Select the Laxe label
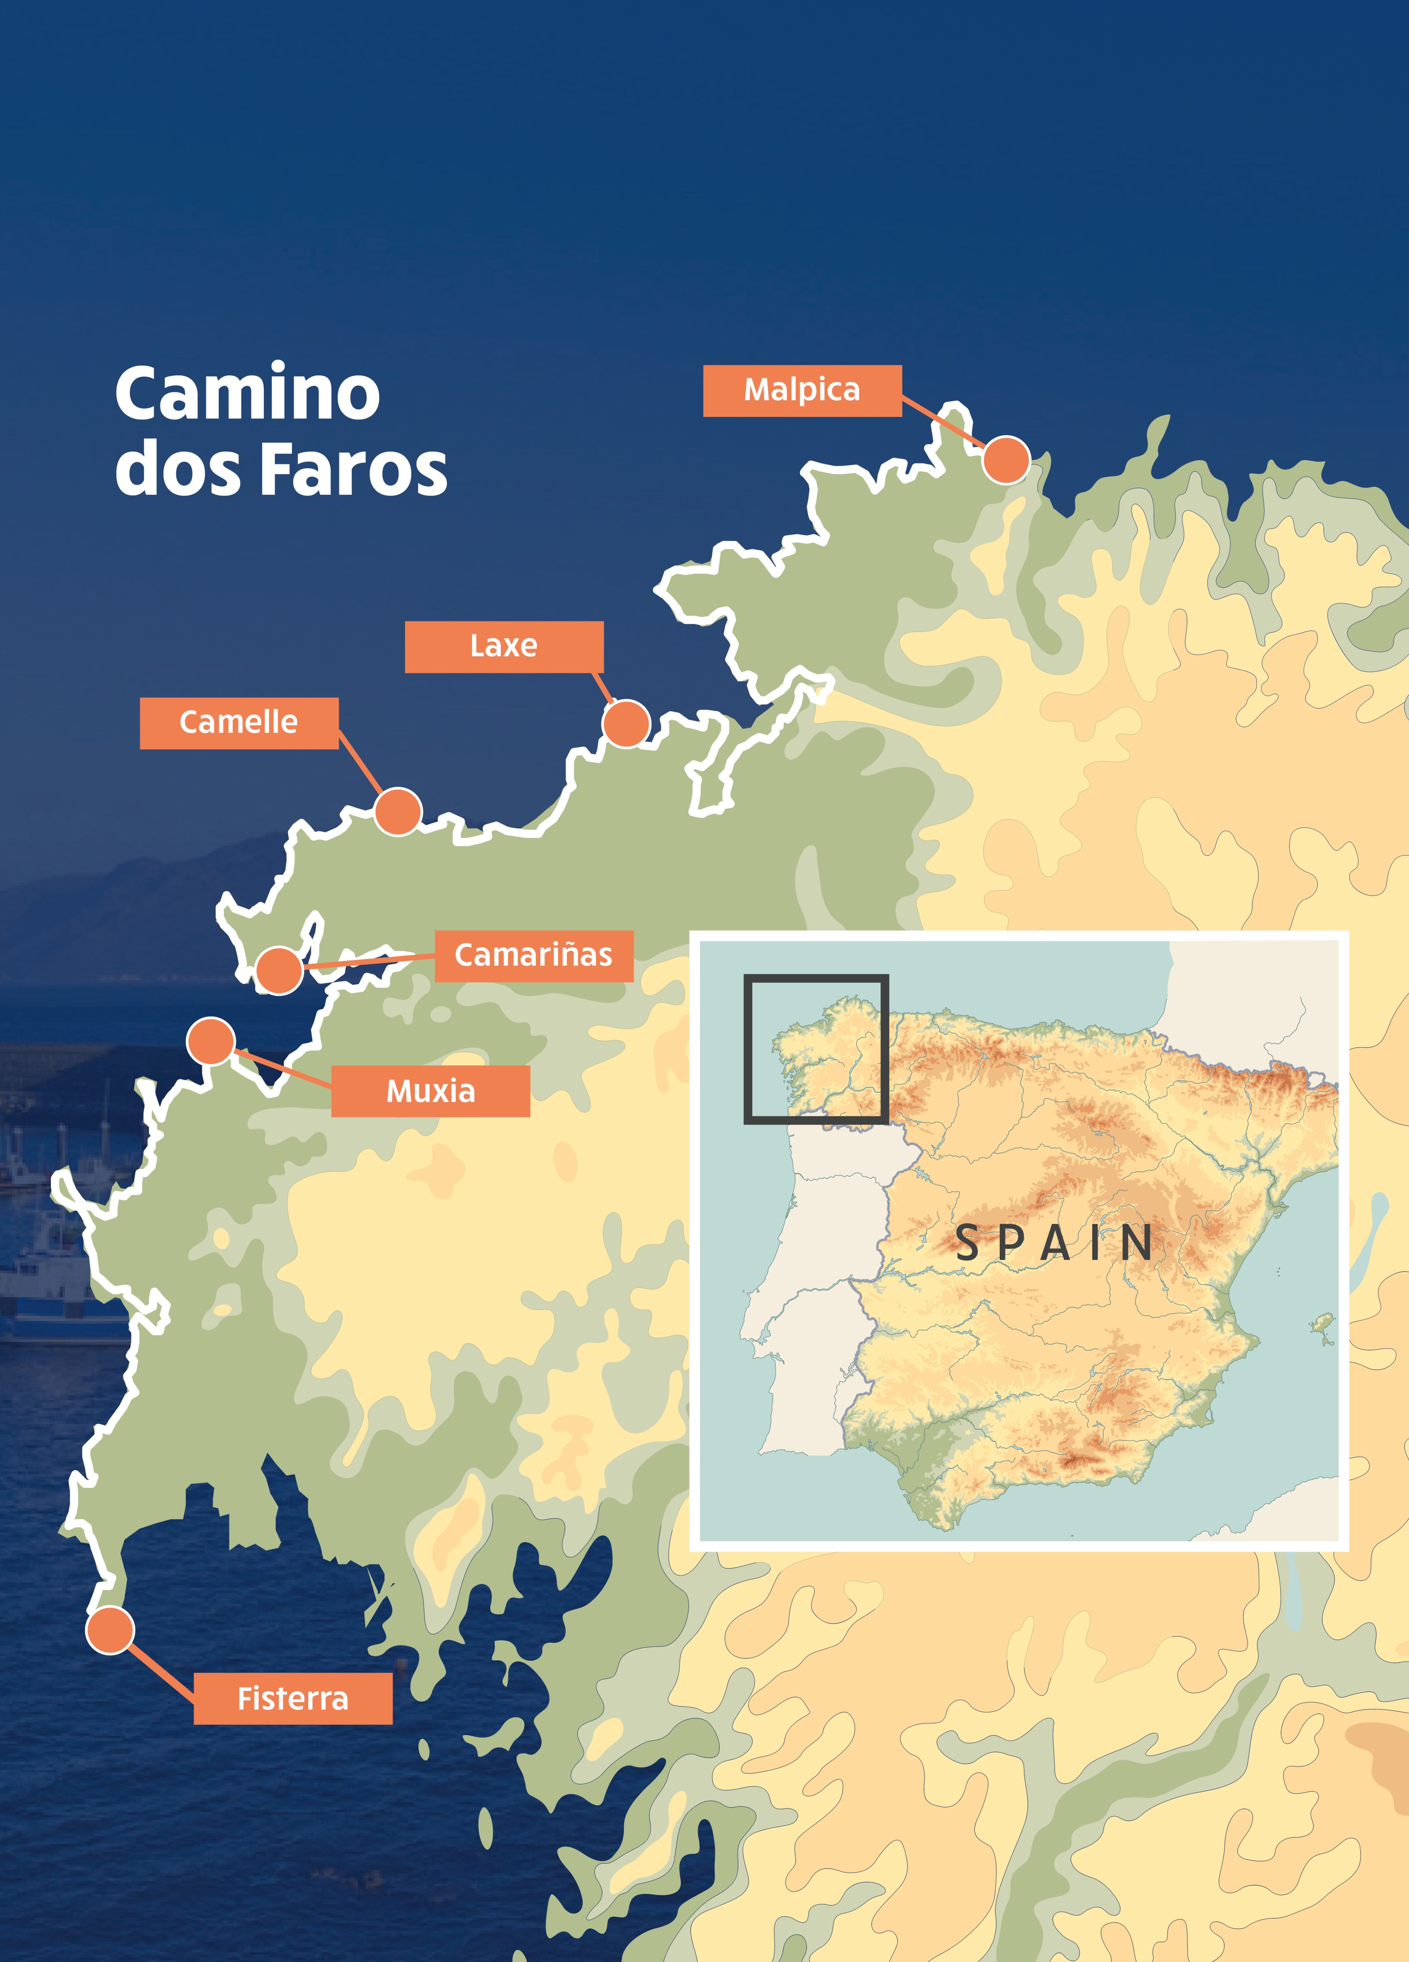click(503, 646)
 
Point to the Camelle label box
click(239, 722)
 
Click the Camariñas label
click(534, 955)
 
